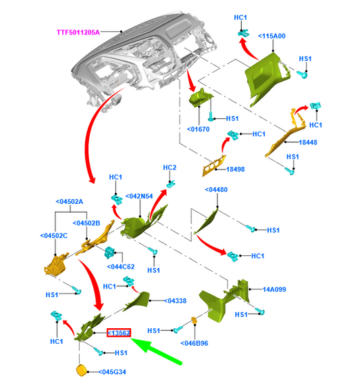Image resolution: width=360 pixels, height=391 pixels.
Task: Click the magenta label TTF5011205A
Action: (78, 32)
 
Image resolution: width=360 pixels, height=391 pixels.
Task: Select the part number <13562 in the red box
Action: (119, 333)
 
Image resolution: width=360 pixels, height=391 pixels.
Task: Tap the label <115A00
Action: (272, 36)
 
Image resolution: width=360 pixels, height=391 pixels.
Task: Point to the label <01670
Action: (199, 129)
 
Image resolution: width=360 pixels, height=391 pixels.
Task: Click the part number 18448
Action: (308, 142)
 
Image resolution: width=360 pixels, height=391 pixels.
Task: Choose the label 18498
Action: (236, 169)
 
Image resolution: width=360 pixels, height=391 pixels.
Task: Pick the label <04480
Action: (216, 190)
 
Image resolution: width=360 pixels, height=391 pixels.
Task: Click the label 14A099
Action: (274, 289)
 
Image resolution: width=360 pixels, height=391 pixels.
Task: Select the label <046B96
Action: (195, 343)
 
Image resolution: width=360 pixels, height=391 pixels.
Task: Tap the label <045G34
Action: (112, 372)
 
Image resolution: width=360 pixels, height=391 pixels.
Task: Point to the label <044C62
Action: (121, 267)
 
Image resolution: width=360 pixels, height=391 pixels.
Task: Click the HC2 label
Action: (170, 167)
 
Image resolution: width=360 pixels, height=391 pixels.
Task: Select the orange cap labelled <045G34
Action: (81, 370)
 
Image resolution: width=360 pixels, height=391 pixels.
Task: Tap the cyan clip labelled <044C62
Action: (109, 253)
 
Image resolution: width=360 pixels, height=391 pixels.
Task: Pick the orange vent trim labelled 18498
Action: (214, 165)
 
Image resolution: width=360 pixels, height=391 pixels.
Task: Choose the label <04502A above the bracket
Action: (70, 201)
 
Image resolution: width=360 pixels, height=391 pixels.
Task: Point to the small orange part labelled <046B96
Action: (194, 320)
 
